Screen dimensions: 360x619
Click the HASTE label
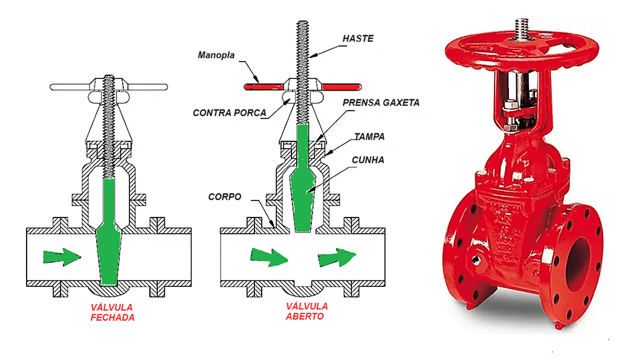[358, 39]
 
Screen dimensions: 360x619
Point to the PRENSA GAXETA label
[381, 103]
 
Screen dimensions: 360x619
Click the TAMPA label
[370, 137]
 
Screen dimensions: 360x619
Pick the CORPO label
[225, 197]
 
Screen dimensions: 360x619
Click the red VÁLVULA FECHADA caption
[113, 312]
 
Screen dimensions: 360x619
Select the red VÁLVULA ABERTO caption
[306, 311]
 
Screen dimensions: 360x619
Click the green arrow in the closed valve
[62, 257]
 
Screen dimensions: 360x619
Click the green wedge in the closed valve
[109, 242]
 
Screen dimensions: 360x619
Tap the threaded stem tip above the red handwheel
[521, 27]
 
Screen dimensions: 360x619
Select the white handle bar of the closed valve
[66, 87]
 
